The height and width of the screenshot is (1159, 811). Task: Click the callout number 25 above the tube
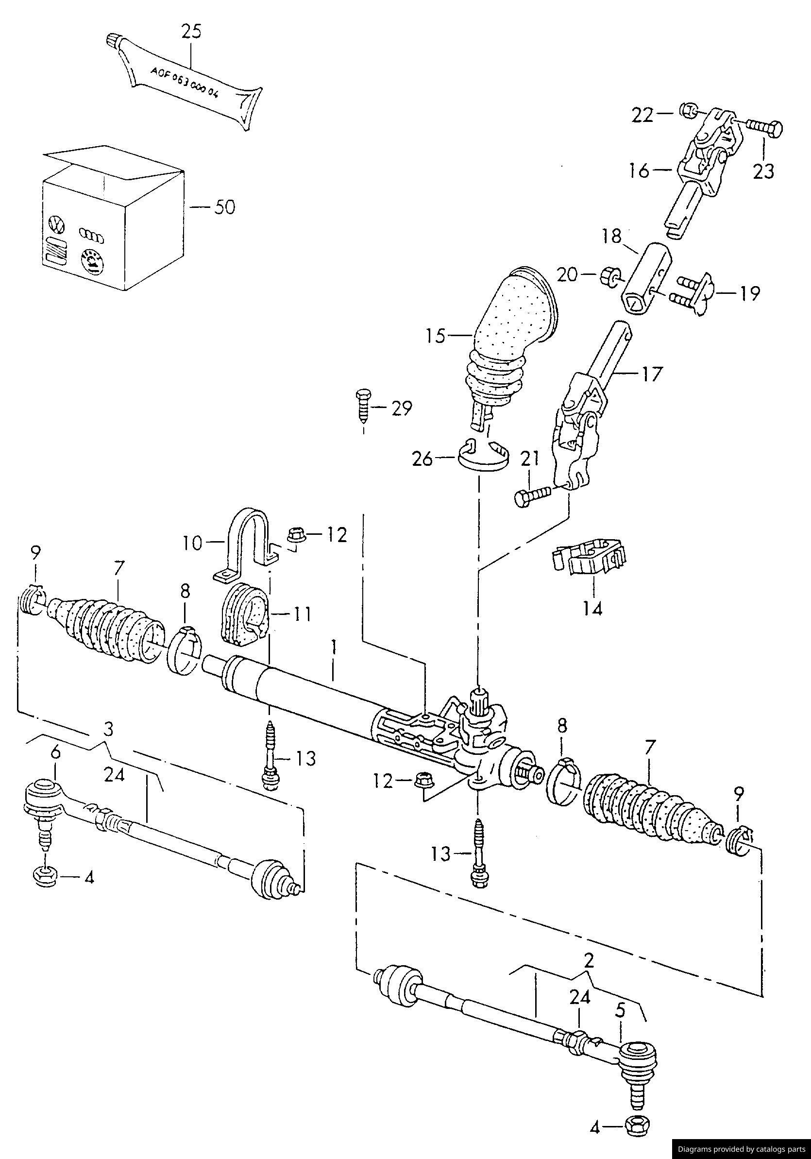pyautogui.click(x=191, y=31)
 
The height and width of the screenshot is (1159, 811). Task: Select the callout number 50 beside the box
pyautogui.click(x=224, y=207)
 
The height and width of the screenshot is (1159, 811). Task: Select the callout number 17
pyautogui.click(x=651, y=374)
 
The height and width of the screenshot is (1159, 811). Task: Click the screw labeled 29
pyautogui.click(x=363, y=407)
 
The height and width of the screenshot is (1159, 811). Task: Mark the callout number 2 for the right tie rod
pyautogui.click(x=588, y=961)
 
